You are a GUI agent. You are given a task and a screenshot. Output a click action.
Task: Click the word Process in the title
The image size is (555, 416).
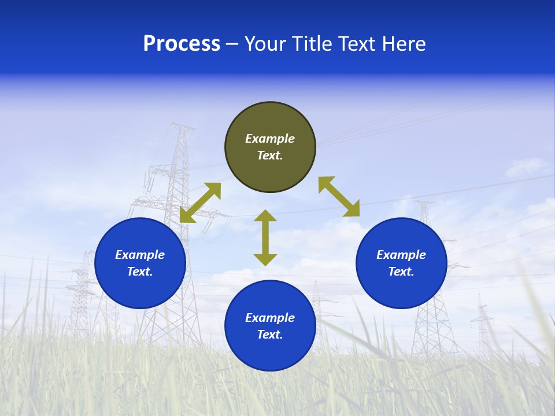pyautogui.click(x=182, y=44)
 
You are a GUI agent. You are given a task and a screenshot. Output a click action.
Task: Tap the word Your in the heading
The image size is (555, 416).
pyautogui.click(x=267, y=44)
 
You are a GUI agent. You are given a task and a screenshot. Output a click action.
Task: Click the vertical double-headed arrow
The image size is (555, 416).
pyautogui.click(x=265, y=237)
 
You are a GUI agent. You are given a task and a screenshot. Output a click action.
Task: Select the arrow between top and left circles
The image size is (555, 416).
pyautogui.click(x=201, y=203)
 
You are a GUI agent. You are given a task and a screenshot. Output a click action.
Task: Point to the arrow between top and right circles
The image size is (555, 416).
pyautogui.click(x=339, y=196)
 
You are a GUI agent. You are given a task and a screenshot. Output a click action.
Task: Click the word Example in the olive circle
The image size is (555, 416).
pyautogui.click(x=270, y=139)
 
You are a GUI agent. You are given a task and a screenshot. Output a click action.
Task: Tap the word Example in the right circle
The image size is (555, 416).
pyautogui.click(x=401, y=255)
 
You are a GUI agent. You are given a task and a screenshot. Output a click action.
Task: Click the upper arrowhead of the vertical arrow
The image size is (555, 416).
pyautogui.click(x=265, y=216)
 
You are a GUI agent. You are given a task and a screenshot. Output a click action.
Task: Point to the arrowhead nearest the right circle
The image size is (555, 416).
pyautogui.click(x=351, y=209)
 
